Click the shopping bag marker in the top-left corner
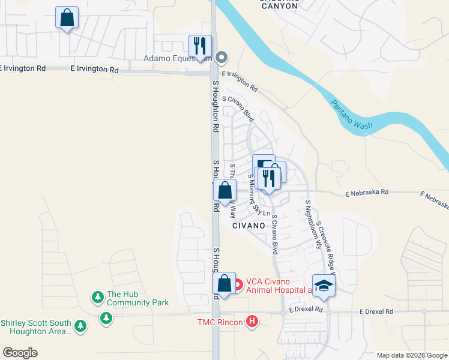(x=67, y=18)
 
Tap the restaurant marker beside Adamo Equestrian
(x=200, y=46)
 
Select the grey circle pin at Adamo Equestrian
(x=221, y=58)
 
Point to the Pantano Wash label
(x=352, y=114)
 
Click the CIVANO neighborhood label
(x=249, y=226)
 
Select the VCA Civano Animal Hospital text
(x=276, y=286)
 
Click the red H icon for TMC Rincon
(x=253, y=322)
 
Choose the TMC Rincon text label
(x=220, y=323)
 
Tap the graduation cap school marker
(x=324, y=286)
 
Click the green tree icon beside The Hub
(x=97, y=297)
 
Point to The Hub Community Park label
(x=137, y=299)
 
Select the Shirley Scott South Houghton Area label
(x=36, y=326)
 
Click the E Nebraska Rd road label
(x=367, y=193)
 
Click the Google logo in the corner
(x=20, y=353)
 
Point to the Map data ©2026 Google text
(x=412, y=355)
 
